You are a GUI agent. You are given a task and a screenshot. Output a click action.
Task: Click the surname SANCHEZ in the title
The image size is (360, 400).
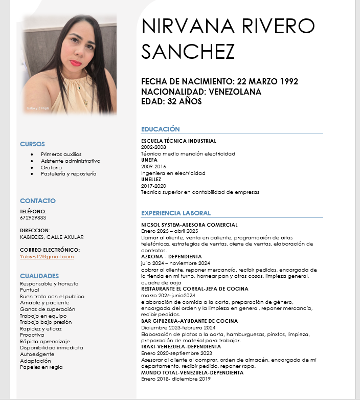[188, 52]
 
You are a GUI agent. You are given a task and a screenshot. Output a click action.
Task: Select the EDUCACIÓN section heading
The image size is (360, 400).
[160, 129]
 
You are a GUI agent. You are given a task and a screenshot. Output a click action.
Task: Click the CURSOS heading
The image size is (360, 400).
[32, 144]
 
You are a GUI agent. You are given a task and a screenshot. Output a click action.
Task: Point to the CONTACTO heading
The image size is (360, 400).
[38, 201]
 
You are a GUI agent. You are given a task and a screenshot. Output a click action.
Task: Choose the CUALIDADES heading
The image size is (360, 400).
[39, 276]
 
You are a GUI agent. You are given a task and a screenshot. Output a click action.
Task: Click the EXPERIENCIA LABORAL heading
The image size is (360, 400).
[176, 213]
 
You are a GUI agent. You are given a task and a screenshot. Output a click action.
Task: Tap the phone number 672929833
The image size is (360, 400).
[33, 217]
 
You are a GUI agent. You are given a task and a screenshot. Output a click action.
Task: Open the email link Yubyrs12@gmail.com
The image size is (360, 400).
[47, 256]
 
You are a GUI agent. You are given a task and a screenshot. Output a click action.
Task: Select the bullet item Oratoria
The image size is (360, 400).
[51, 167]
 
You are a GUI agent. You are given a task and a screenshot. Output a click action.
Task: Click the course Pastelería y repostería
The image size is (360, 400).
[69, 174]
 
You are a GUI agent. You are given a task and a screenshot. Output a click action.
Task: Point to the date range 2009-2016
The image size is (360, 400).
[153, 167]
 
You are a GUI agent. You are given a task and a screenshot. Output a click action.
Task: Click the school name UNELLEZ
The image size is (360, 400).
[151, 180]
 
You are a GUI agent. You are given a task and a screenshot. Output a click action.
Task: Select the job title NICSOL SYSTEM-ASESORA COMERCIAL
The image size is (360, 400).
[189, 225]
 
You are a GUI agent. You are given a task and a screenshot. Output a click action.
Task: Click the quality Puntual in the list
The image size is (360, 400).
[29, 290]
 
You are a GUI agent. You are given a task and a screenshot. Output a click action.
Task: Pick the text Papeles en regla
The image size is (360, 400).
[41, 367]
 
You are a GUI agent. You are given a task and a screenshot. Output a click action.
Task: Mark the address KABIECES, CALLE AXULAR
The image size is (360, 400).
[52, 237]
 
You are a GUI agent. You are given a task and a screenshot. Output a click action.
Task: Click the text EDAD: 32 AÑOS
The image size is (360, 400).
[171, 101]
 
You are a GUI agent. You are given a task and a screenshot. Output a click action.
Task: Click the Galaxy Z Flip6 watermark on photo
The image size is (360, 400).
[37, 108]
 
